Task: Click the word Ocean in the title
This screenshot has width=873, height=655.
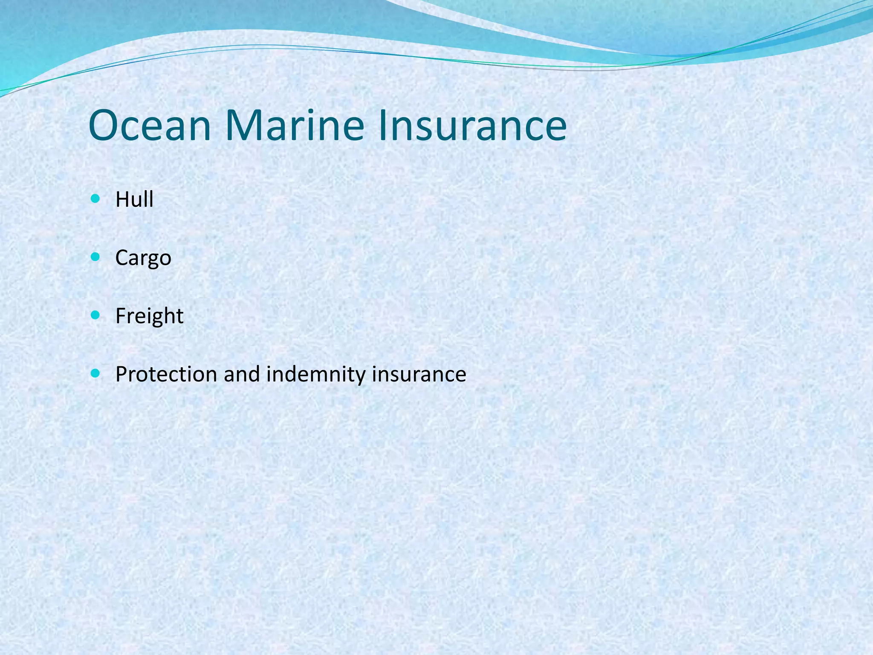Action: (x=150, y=126)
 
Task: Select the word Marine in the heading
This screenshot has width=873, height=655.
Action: (x=295, y=126)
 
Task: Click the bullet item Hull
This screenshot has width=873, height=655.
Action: (x=134, y=200)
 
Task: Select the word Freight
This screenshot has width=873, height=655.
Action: (x=149, y=316)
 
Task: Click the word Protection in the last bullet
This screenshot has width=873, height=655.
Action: (x=166, y=374)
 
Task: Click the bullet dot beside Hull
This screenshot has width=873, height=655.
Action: (x=95, y=198)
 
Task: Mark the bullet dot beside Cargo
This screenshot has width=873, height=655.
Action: (x=95, y=257)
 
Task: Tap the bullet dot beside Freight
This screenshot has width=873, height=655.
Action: (x=95, y=315)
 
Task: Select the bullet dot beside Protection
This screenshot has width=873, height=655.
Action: (x=95, y=374)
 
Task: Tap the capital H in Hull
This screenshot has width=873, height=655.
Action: (x=122, y=200)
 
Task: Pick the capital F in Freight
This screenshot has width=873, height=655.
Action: (x=121, y=316)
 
